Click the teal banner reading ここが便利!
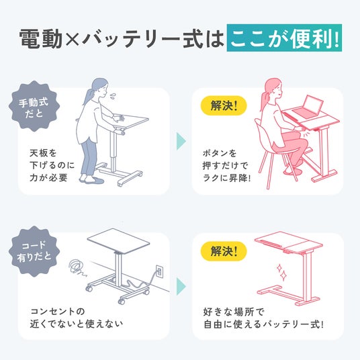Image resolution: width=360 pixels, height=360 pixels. coord(284,38)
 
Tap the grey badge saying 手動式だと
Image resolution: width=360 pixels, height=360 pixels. coord(34,106)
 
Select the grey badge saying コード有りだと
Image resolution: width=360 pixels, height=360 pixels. coord(34,251)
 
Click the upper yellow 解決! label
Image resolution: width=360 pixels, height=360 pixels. coord(224,105)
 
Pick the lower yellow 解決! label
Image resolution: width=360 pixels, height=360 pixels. coord(224,251)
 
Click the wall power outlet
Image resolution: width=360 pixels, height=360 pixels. coord(159,271)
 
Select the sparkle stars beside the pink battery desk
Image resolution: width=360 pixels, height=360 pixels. coord(281,272)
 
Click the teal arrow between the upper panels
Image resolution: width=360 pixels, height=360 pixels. coord(181,141)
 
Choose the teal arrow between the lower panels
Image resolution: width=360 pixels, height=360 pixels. coord(181,286)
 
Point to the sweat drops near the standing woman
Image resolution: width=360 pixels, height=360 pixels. coord(113,96)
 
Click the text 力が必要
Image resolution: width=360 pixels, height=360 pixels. coord(48,177)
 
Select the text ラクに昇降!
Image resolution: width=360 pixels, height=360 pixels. coord(226,178)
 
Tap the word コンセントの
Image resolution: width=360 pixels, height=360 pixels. coord(58,312)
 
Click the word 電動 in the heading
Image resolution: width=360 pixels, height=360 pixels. coord(41,38)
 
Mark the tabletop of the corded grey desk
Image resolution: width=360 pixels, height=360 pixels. coord(118,241)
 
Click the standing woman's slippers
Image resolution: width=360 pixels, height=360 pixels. coord(91,179)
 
